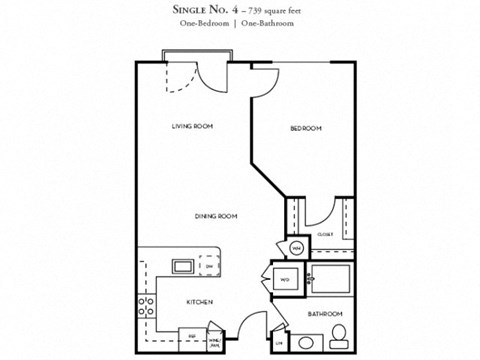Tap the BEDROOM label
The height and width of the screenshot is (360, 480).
click(306, 129)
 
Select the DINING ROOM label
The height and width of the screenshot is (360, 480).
click(215, 215)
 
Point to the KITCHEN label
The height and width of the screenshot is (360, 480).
click(196, 300)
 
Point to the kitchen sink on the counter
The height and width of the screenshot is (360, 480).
click(184, 267)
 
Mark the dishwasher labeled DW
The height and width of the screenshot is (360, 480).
click(208, 267)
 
